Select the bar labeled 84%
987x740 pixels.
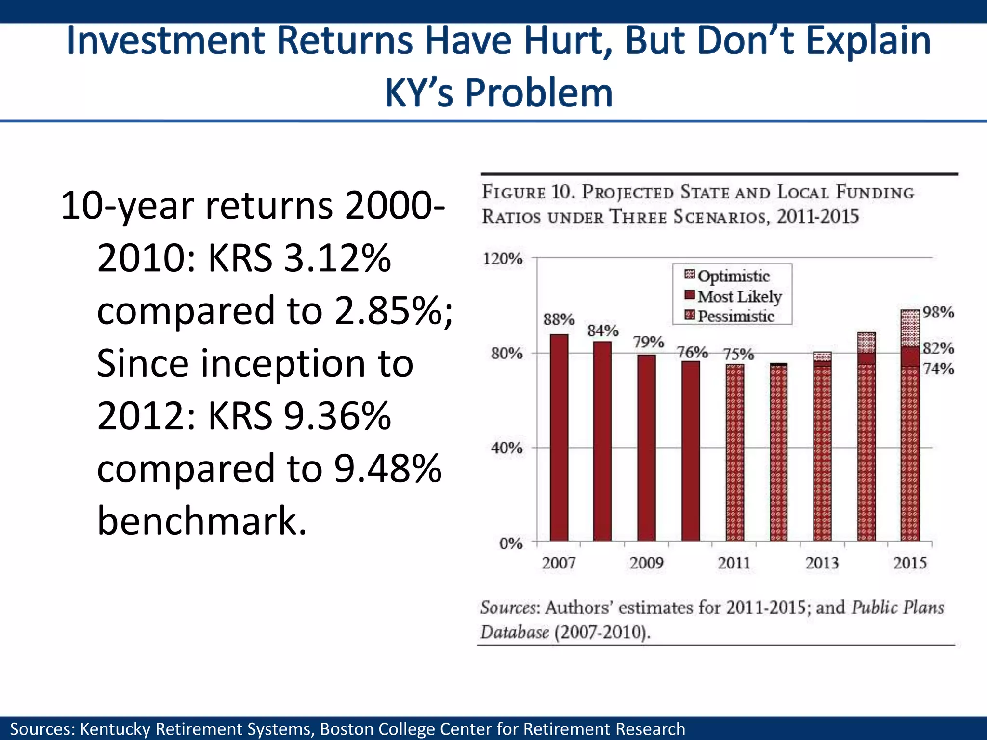coord(602,441)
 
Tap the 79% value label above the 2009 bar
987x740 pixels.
coord(648,342)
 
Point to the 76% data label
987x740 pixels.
coord(693,353)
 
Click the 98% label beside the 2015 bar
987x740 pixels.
coord(938,312)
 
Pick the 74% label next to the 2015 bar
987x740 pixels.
coord(938,369)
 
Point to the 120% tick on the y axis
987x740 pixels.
coord(503,259)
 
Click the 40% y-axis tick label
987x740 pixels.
coord(507,448)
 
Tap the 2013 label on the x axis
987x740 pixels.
coord(822,563)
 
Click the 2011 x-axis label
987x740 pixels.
coord(734,563)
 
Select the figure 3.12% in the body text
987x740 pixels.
coord(337,258)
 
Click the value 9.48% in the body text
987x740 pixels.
coord(388,468)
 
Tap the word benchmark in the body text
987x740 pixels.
coord(201,521)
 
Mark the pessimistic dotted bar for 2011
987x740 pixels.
coord(735,453)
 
